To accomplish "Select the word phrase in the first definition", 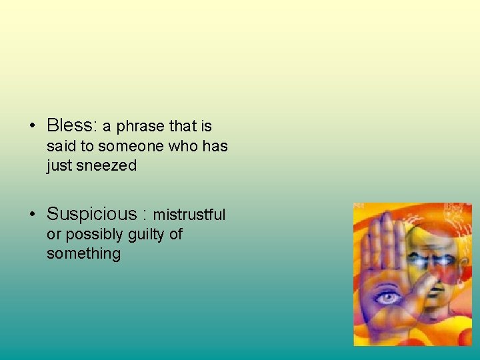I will click(x=141, y=126).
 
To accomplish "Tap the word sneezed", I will click(x=106, y=165).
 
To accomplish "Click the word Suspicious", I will click(x=91, y=214).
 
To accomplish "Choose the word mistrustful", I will click(x=189, y=215).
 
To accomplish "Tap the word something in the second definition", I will click(x=83, y=254).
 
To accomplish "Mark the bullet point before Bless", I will click(x=32, y=126).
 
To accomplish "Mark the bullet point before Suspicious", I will click(x=32, y=215).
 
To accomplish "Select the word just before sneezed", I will click(x=59, y=165).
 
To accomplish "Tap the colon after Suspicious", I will click(x=144, y=215).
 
